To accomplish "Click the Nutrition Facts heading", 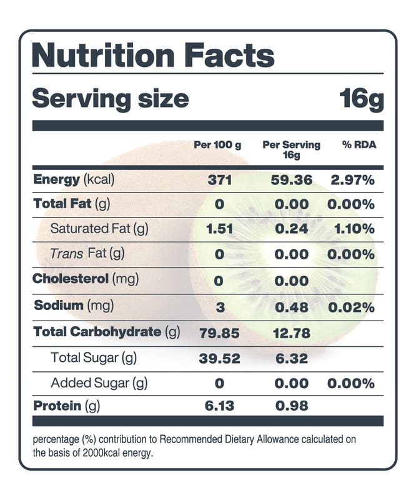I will (x=152, y=56).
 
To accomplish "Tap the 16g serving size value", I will (x=361, y=99).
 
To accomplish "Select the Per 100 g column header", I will (x=217, y=145).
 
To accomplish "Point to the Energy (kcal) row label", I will (x=74, y=180).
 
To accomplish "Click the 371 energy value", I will (x=219, y=181).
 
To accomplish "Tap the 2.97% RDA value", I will (x=352, y=181).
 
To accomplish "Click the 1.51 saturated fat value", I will (x=219, y=229).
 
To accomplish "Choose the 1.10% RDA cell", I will (x=354, y=229).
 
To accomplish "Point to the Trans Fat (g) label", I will (x=87, y=254).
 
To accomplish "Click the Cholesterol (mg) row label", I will (x=86, y=279).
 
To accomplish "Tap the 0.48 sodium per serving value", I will (x=292, y=307).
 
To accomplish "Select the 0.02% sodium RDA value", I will (x=352, y=307).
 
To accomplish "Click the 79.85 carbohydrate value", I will (x=219, y=332).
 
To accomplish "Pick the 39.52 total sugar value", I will (x=219, y=358).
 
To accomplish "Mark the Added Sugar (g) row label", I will (x=99, y=383).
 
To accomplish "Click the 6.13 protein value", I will (x=219, y=406).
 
